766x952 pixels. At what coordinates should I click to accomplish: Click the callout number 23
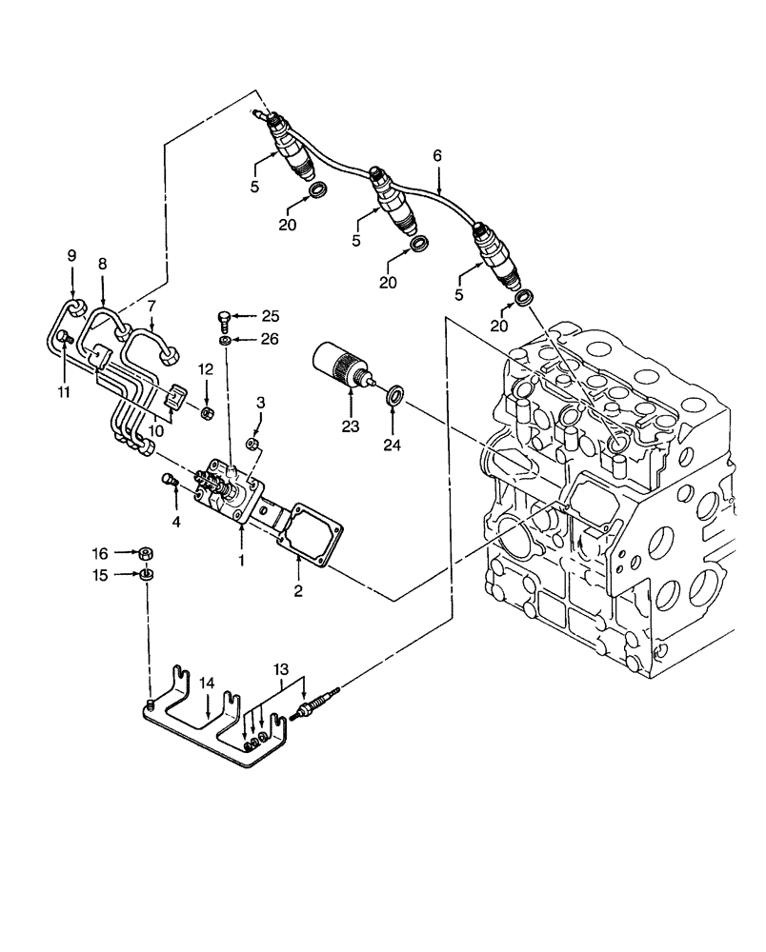[x=351, y=427]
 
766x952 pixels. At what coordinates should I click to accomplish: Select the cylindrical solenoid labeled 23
[x=340, y=367]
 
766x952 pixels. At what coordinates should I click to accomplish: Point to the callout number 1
[x=242, y=561]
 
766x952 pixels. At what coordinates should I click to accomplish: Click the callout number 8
[x=102, y=263]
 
